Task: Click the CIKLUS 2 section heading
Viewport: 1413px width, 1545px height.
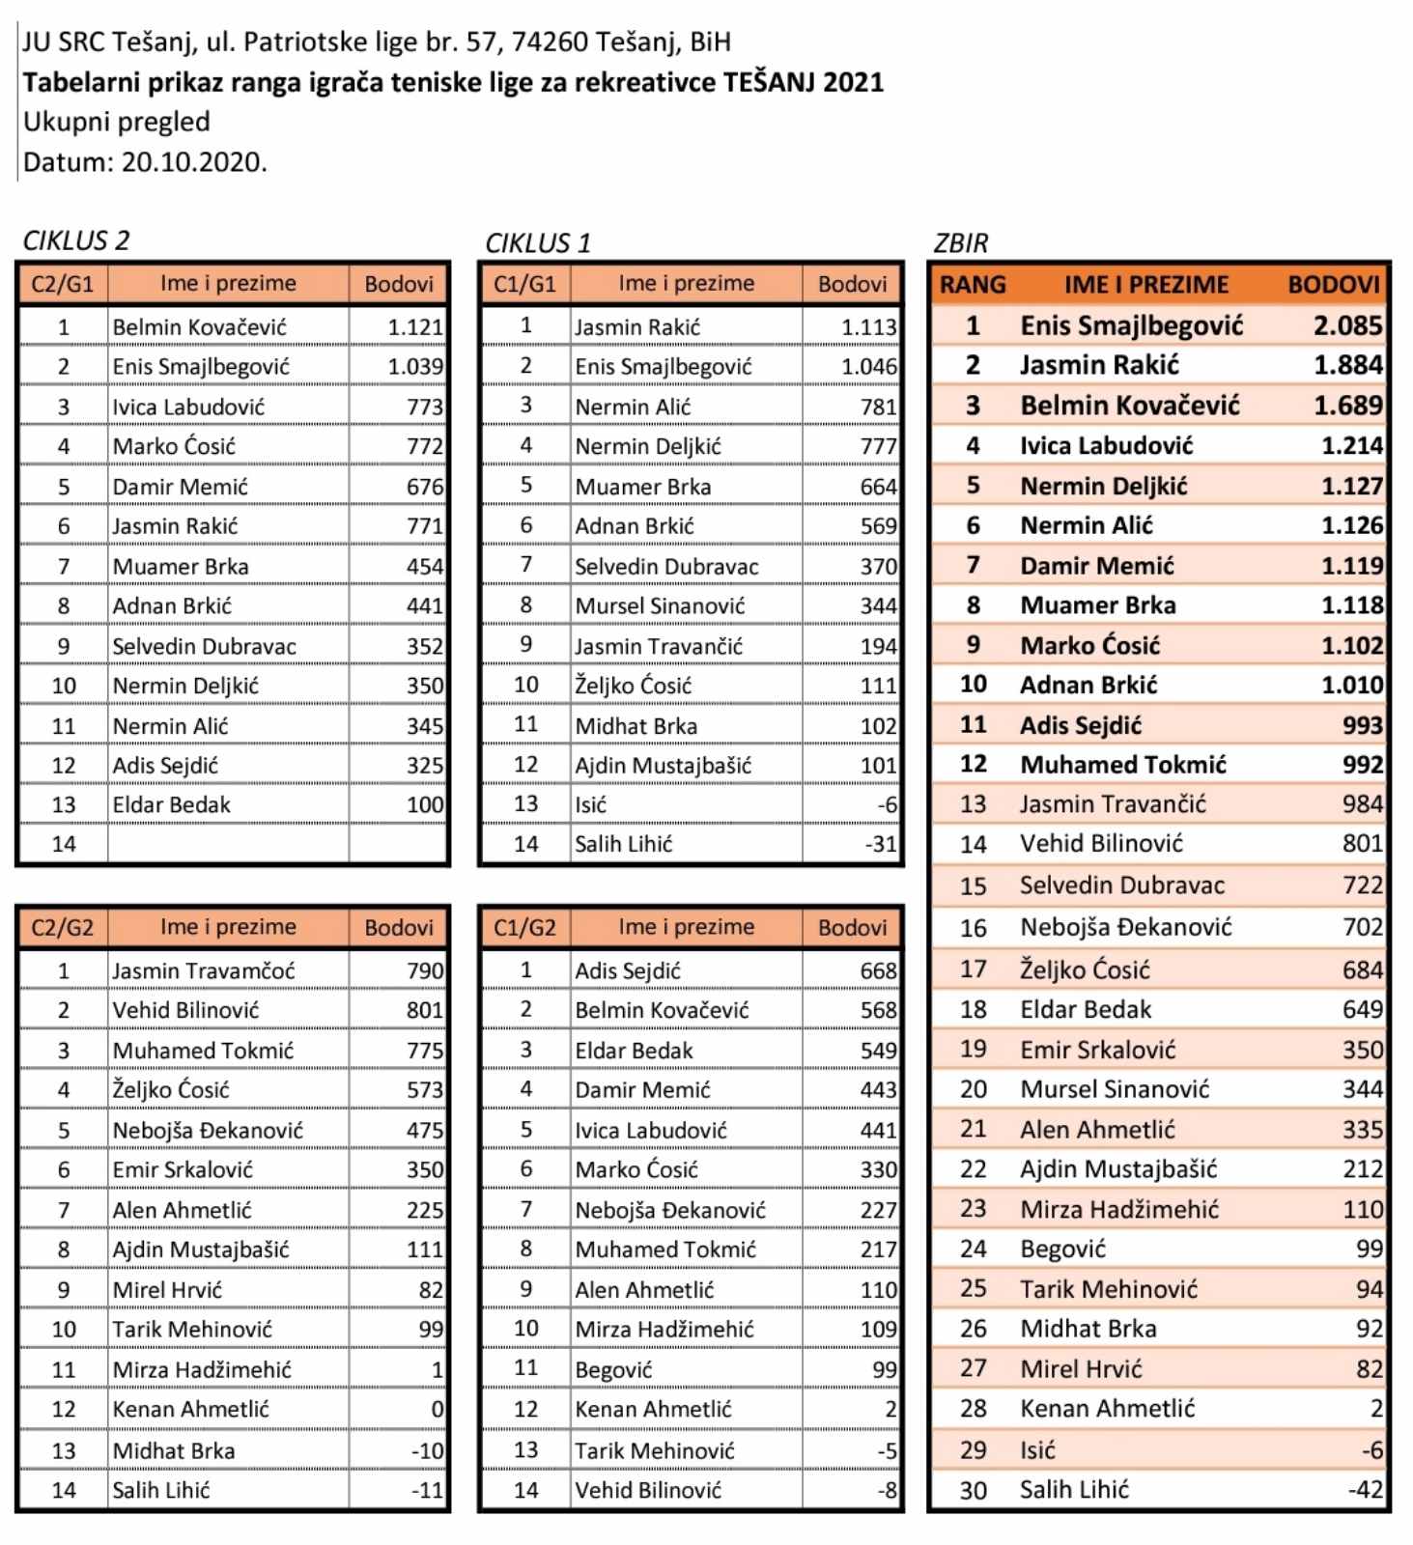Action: click(76, 240)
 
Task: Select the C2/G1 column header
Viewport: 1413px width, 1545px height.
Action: click(63, 284)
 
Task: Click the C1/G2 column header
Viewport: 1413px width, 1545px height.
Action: click(524, 928)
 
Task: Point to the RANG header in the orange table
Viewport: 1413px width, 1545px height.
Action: click(972, 285)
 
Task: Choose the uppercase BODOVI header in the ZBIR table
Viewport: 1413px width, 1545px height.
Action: click(1333, 285)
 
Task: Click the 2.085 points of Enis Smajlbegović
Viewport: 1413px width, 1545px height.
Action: click(1347, 325)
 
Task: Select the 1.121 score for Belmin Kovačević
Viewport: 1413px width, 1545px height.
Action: click(415, 327)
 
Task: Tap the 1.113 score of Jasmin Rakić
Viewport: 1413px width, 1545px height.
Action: click(868, 327)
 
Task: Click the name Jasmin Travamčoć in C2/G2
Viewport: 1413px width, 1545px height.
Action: click(204, 970)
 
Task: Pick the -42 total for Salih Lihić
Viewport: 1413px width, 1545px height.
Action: click(1366, 1490)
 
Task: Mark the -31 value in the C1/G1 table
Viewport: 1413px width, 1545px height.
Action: click(881, 844)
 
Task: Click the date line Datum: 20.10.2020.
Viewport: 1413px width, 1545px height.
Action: click(145, 162)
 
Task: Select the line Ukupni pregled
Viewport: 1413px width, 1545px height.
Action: click(117, 122)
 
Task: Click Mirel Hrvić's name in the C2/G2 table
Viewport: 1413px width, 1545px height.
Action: click(167, 1290)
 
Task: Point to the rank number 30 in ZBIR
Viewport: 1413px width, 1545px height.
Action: click(973, 1490)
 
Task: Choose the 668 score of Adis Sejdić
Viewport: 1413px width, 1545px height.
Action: click(878, 970)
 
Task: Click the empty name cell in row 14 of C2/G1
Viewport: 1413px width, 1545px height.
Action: click(228, 844)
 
